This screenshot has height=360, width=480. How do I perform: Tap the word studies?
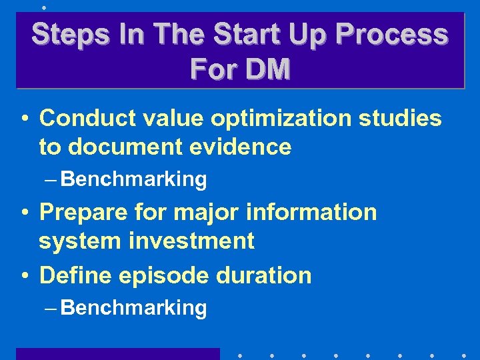(400, 118)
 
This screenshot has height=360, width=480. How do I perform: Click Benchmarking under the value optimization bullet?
(134, 179)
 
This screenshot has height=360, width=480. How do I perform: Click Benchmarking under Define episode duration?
(134, 308)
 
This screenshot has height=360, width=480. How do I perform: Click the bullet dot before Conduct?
(23, 119)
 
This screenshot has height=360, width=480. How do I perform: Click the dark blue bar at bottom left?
(117, 354)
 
